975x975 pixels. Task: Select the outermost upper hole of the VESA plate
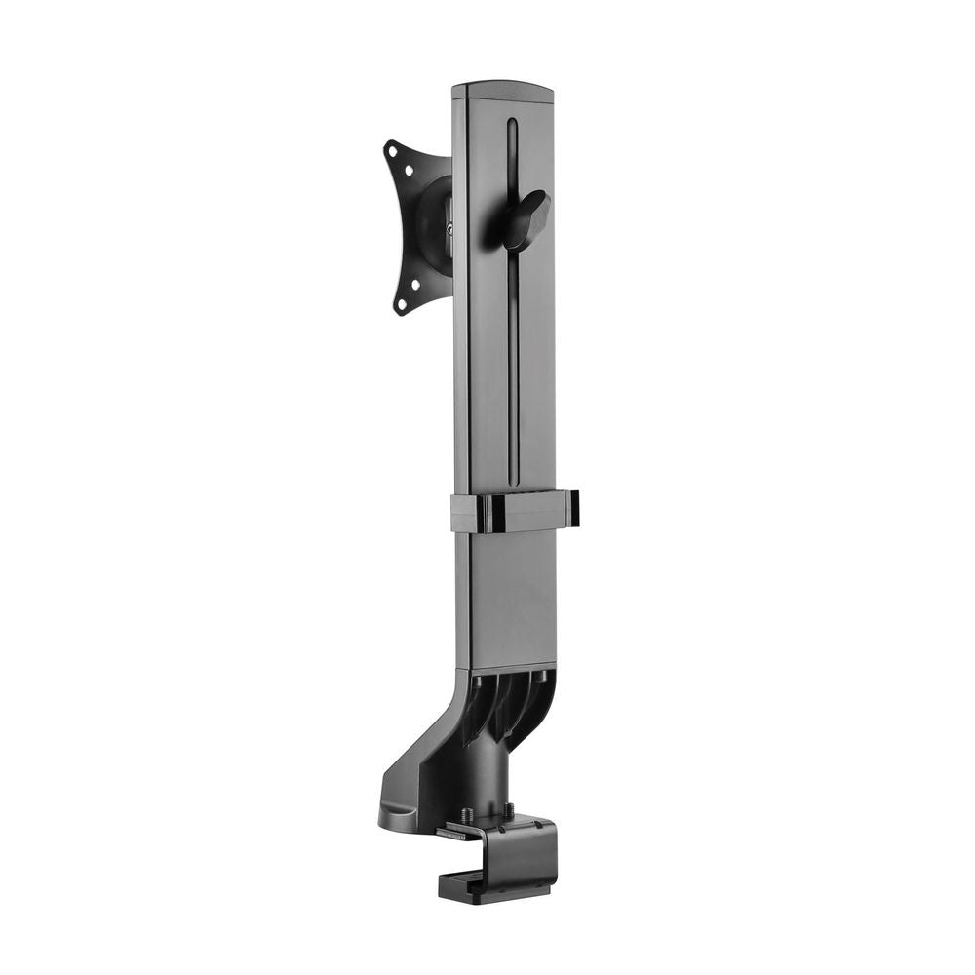coord(392,151)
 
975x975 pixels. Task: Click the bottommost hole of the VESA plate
coord(399,304)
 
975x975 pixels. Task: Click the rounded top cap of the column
coord(502,89)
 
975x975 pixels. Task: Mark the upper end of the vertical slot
coord(511,125)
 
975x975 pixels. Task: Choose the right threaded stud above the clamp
coord(507,809)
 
